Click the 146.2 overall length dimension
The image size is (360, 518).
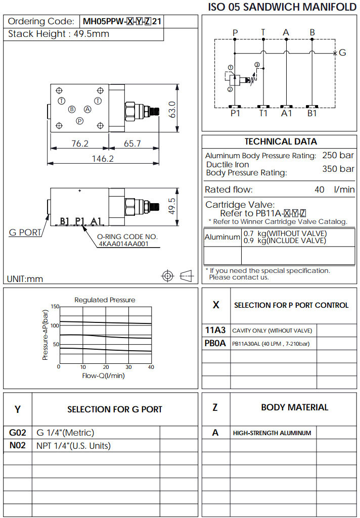click(103, 159)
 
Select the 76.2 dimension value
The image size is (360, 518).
click(79, 144)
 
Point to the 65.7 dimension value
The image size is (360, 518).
click(132, 144)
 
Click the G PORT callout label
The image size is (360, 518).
click(25, 233)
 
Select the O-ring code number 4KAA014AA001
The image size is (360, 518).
click(123, 243)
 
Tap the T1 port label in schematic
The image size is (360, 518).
click(263, 114)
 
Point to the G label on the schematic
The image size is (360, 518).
click(342, 53)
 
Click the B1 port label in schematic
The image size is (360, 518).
click(312, 114)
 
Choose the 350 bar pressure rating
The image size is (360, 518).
click(338, 169)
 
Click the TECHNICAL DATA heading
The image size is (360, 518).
click(281, 142)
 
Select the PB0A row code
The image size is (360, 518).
click(215, 344)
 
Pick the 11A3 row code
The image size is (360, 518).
click(215, 331)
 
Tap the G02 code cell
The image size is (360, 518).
click(17, 433)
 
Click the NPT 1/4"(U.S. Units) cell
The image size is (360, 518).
click(73, 446)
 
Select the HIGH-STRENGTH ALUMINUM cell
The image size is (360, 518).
click(272, 433)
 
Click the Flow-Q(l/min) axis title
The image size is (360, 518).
click(103, 375)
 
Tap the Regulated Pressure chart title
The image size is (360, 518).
click(105, 300)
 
